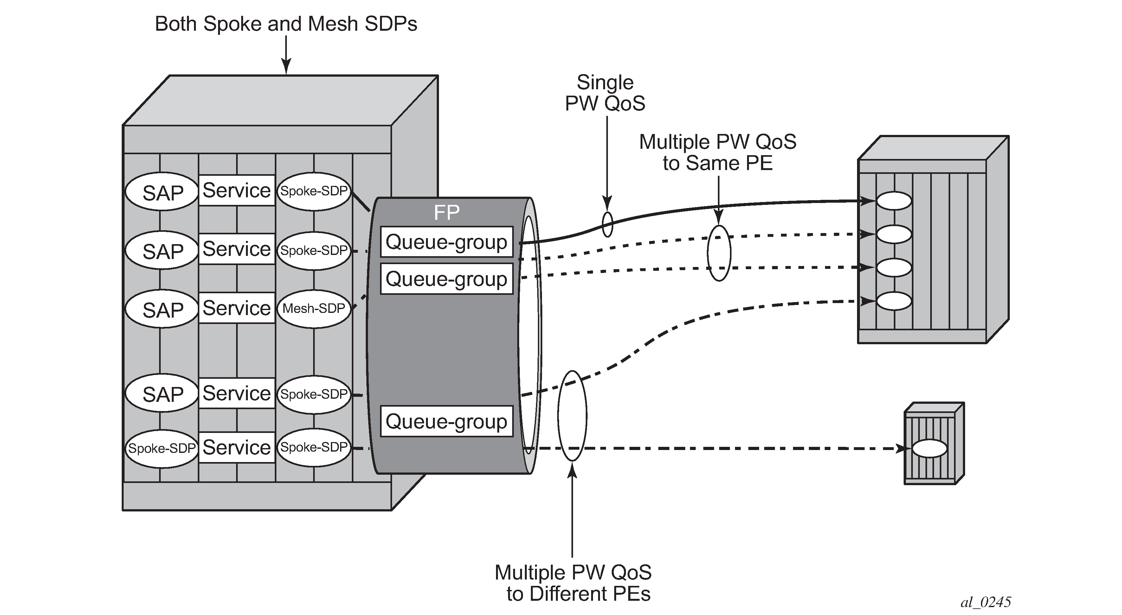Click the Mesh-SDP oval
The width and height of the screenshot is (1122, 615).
coord(313,308)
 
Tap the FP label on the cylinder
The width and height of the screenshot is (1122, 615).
coord(447,212)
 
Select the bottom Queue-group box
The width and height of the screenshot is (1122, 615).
coord(447,421)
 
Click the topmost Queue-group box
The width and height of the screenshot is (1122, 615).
coord(447,242)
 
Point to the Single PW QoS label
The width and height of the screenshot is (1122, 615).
coord(605,93)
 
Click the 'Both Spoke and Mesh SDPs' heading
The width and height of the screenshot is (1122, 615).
coord(286,24)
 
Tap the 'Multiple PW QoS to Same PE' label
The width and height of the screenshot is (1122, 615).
coord(718,152)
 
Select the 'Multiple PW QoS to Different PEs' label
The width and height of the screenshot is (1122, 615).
coord(573,583)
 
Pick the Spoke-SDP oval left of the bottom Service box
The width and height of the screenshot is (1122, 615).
coord(162,448)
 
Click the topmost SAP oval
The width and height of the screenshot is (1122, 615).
coord(162,192)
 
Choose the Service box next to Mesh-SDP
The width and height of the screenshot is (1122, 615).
coord(236,308)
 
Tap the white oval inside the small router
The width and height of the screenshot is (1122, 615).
coord(930,448)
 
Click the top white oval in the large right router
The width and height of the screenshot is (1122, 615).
coord(894,201)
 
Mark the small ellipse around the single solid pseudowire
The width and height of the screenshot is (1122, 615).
coord(607,225)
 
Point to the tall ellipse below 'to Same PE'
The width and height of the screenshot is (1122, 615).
coord(719,253)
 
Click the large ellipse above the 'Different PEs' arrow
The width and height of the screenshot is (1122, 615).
coord(572,416)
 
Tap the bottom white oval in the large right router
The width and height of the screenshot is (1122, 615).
coord(894,301)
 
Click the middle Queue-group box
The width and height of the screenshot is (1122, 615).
coord(447,279)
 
